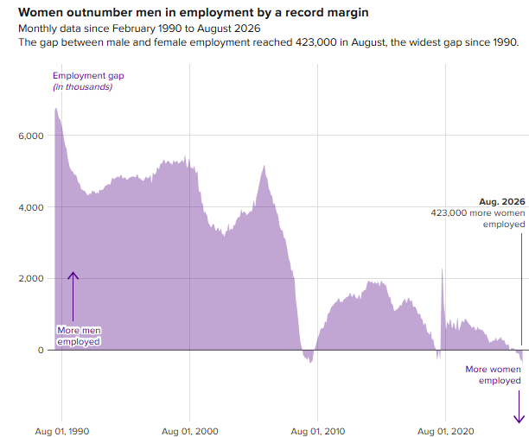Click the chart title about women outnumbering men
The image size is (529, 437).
pos(194,12)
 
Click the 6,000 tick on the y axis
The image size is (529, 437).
pos(31,136)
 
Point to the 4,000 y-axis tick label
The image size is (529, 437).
pos(31,207)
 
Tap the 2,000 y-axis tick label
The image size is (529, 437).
pos(31,278)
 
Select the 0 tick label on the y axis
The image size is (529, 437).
pos(41,350)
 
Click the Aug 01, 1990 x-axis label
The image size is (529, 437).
pos(62,431)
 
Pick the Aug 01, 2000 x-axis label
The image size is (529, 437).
pos(190,431)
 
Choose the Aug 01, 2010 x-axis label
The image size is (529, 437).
pos(318,431)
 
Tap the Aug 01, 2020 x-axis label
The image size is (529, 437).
pos(446,431)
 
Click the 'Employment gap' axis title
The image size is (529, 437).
pos(88,75)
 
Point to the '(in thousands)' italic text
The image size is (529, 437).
pos(83,87)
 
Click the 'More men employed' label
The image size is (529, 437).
pos(79,336)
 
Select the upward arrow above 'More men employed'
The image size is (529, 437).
pos(73,296)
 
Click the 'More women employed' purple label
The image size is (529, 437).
pos(493,375)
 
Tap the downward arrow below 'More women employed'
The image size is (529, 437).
pos(519,407)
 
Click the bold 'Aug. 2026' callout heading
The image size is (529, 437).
pos(502,201)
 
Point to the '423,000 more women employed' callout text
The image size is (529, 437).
pos(478,218)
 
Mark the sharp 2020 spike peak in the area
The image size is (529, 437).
pos(442,269)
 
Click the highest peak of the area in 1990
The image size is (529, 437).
pos(56,109)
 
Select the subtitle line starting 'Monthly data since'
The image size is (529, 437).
pos(139,28)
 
